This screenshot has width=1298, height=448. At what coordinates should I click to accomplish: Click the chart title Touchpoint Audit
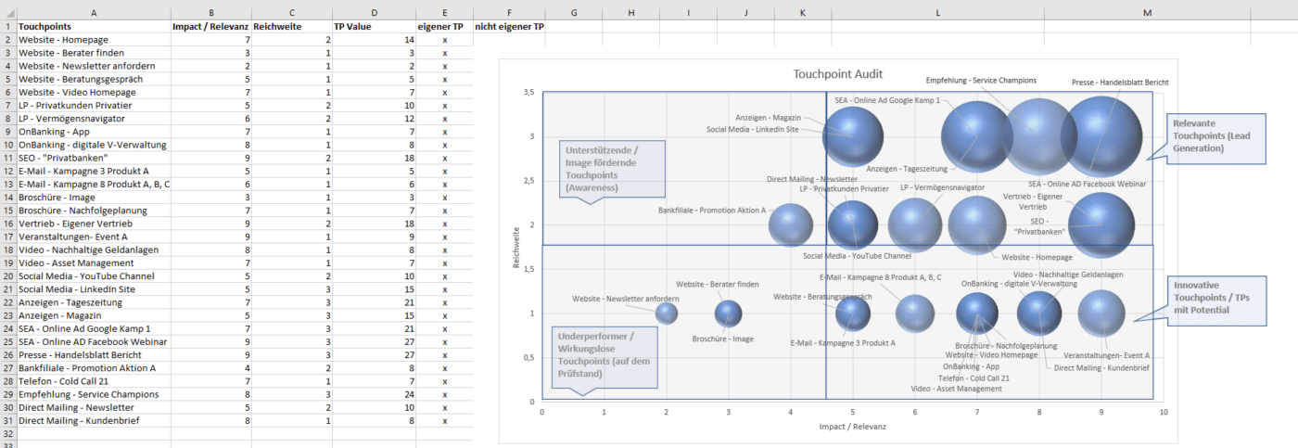(x=837, y=74)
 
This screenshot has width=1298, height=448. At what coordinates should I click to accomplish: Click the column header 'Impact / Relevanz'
(x=210, y=27)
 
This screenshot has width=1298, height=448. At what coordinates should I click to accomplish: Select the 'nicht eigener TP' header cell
(x=509, y=27)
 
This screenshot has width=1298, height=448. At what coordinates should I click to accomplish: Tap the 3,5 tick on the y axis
(x=528, y=93)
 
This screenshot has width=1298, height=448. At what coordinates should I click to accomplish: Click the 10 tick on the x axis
(x=1163, y=413)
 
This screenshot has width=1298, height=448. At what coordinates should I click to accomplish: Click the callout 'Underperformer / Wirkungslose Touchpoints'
(x=605, y=355)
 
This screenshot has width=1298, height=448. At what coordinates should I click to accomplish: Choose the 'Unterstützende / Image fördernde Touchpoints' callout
(x=613, y=168)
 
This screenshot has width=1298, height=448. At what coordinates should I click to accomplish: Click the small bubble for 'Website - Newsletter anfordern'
(x=667, y=314)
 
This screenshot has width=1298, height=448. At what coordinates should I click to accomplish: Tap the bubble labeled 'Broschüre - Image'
(x=729, y=314)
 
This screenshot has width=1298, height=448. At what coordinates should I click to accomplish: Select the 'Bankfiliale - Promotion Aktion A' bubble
(x=791, y=225)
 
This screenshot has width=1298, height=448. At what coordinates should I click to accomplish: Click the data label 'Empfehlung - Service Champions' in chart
(x=981, y=81)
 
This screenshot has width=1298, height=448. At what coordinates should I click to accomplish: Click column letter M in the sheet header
(x=1148, y=12)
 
